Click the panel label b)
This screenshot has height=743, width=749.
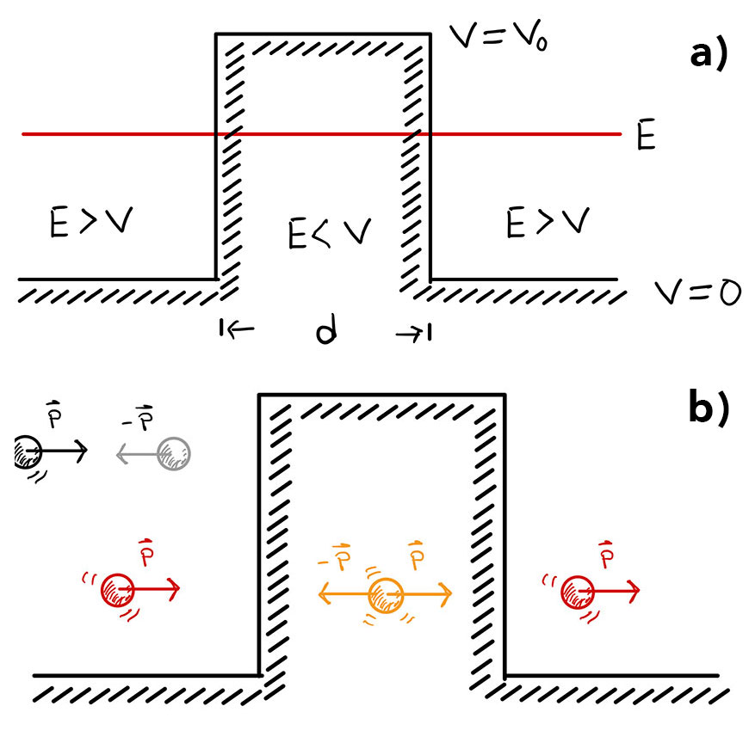pos(709,408)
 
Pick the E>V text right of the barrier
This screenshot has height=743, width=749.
pos(548,222)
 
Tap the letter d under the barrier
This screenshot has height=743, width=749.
pos(325,329)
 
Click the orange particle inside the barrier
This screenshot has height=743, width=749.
pos(386,593)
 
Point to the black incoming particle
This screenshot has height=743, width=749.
pos(26,451)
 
